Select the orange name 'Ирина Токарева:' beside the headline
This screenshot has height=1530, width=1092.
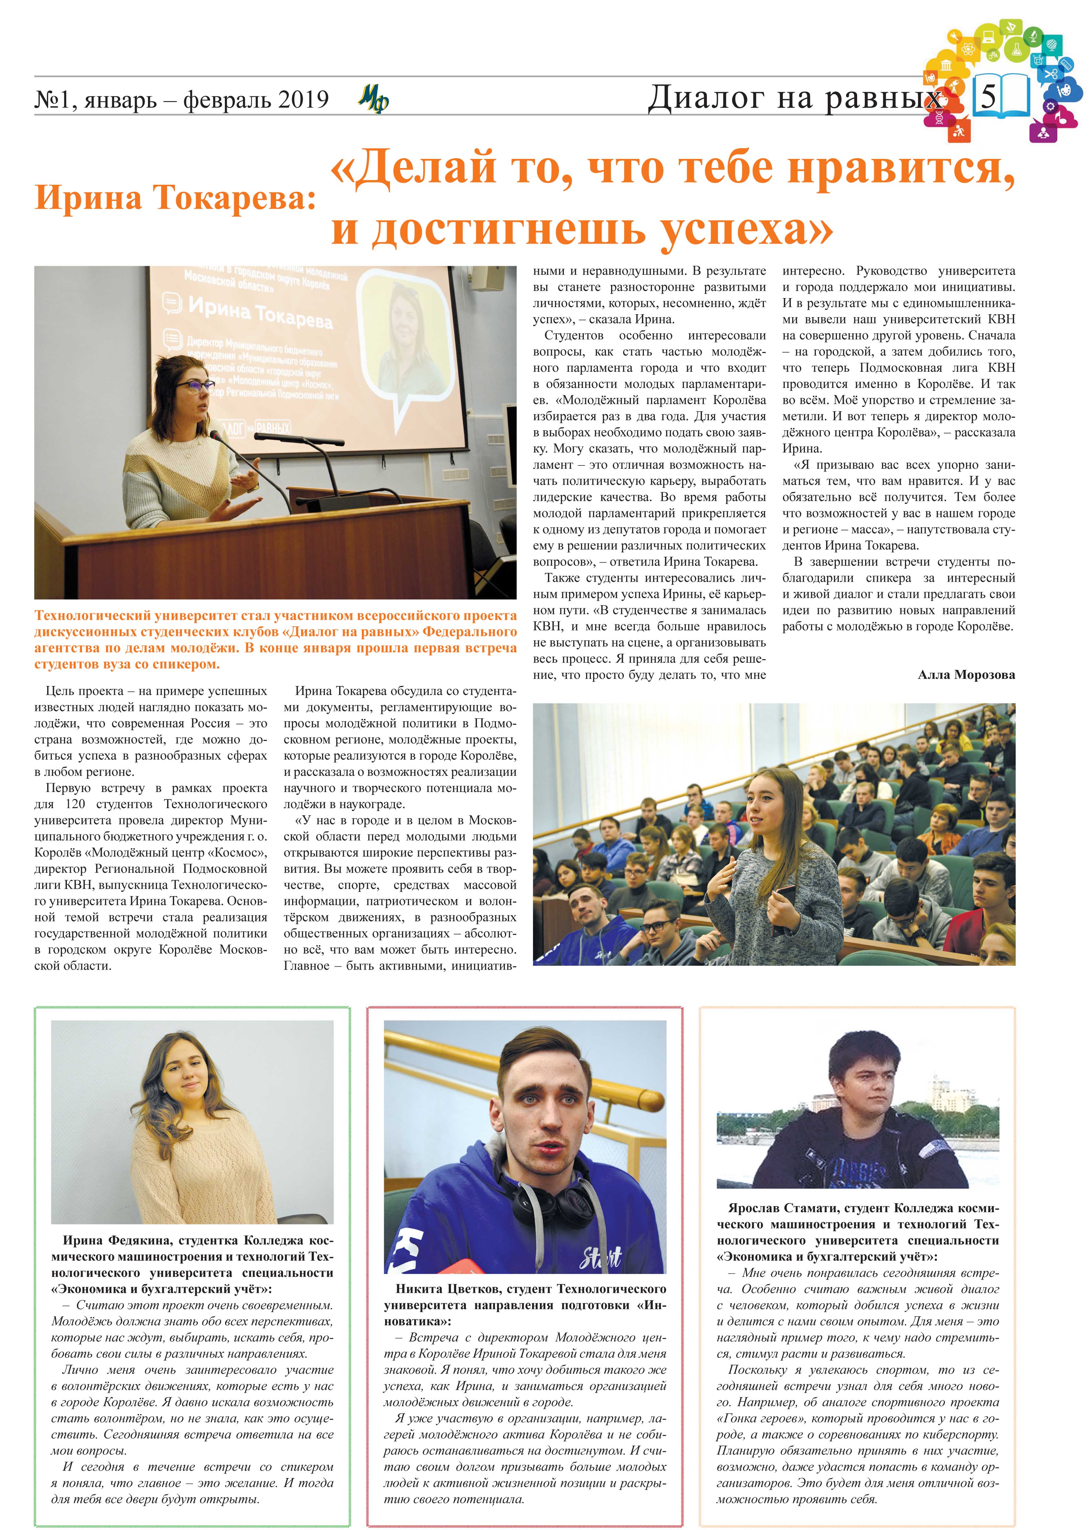click(x=175, y=198)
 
